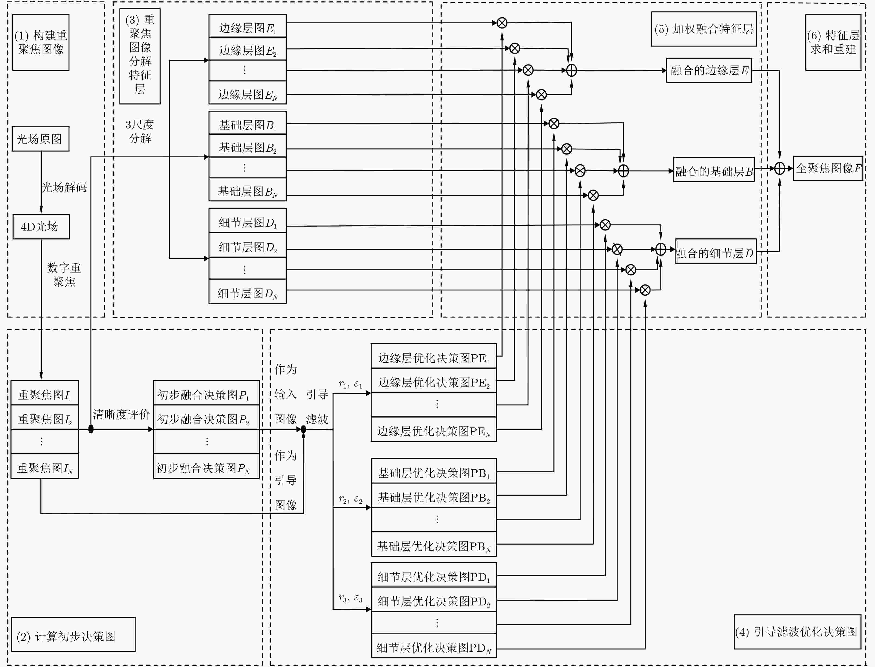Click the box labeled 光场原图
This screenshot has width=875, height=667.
41,139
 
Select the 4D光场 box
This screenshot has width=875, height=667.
41,227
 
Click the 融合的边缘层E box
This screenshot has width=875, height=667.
709,70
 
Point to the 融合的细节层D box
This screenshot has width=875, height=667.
716,251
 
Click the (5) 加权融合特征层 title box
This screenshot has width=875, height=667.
703,29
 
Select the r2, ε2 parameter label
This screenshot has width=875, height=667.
350,499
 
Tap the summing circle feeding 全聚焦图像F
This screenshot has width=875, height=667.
780,168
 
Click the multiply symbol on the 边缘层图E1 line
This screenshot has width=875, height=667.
502,23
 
